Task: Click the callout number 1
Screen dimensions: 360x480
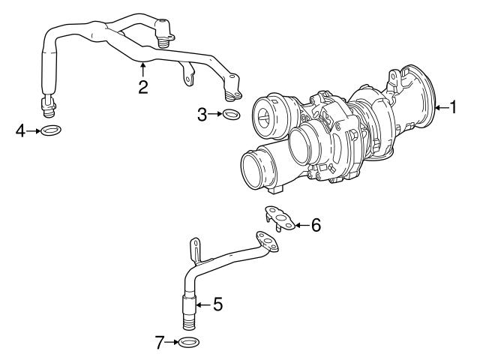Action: point(452,107)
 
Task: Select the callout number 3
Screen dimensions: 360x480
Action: point(202,114)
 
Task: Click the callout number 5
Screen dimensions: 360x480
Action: point(217,304)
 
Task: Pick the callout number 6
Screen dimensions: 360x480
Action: point(316,224)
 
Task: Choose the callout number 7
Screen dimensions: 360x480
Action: point(159,343)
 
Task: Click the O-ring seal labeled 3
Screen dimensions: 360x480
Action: point(232,115)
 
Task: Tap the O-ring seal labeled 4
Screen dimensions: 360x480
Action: point(51,131)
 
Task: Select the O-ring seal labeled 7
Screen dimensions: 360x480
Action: point(190,343)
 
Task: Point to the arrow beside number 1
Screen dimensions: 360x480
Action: point(441,107)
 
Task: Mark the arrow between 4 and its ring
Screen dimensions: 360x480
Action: point(34,131)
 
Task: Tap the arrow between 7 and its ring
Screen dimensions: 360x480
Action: point(172,343)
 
